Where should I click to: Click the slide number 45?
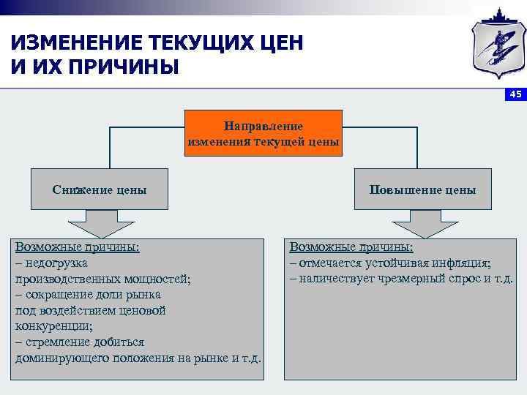[x=515, y=94]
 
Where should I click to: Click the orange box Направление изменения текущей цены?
[x=263, y=133]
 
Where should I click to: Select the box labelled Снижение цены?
[x=100, y=189]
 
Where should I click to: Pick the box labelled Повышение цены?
[x=422, y=189]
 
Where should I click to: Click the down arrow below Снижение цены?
[x=100, y=223]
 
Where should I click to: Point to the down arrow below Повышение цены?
[x=425, y=223]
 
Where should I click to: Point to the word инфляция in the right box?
[x=465, y=263]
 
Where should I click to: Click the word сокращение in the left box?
[x=61, y=295]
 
